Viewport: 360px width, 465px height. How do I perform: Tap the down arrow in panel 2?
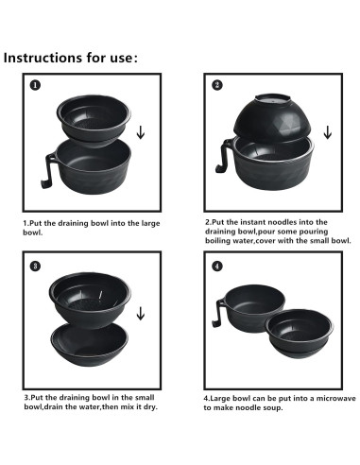326,127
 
